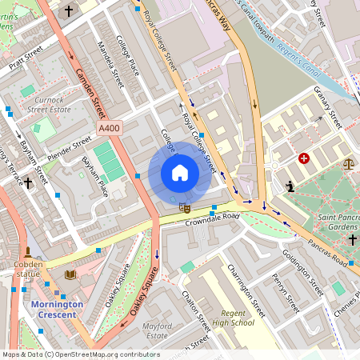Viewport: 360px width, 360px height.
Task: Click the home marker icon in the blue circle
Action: [180, 173]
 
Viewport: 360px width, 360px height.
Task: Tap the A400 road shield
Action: [109, 128]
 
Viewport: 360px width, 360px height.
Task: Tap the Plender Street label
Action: [70, 147]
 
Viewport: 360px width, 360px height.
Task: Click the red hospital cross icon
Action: [304, 158]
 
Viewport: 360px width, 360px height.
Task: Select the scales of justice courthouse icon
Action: [348, 163]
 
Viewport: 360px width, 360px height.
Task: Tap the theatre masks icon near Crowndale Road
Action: [185, 207]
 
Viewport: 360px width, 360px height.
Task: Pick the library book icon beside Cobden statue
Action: [70, 274]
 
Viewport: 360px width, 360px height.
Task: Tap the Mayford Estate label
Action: [157, 331]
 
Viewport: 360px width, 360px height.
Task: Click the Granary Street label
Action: [327, 107]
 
